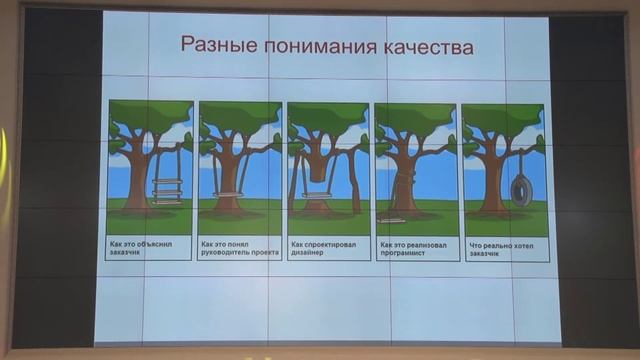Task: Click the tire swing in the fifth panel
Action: (x=521, y=187)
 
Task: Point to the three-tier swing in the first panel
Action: (x=167, y=189)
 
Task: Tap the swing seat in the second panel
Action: (x=228, y=194)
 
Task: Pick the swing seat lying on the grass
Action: (x=391, y=219)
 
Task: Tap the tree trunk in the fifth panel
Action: (x=492, y=185)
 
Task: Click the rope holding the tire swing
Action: (x=520, y=160)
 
